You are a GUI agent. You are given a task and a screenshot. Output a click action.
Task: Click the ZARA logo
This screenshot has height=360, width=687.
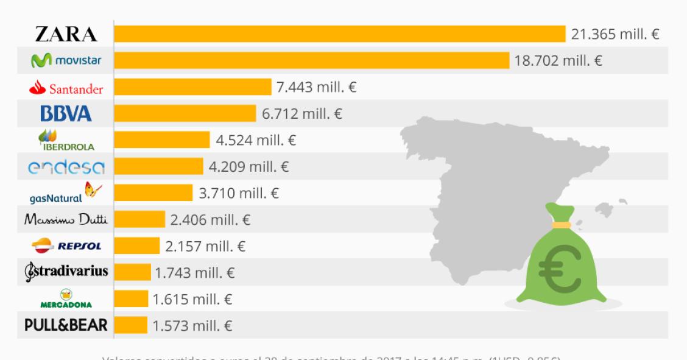[x=66, y=35]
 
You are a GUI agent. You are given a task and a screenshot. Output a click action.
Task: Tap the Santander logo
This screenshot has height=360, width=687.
[x=66, y=88]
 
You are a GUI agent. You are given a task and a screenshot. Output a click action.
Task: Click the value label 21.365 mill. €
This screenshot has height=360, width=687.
[x=615, y=34]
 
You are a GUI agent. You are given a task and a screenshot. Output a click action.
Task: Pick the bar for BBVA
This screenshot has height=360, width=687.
[x=185, y=113]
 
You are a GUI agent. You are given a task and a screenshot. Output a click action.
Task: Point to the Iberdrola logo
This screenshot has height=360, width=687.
[x=66, y=139]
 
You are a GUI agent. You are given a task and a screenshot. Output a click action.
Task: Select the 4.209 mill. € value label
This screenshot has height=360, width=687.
[x=249, y=166]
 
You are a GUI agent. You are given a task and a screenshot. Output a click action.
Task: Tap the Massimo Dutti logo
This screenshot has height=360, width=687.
[x=66, y=219]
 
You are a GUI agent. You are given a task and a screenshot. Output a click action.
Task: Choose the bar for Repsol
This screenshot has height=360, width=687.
[x=137, y=246]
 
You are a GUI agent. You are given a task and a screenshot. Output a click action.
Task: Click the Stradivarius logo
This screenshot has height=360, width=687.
[x=66, y=271]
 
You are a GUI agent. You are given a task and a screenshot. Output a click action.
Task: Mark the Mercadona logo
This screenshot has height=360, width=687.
[x=66, y=298]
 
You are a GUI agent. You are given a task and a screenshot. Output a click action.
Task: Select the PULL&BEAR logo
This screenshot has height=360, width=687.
[x=66, y=325]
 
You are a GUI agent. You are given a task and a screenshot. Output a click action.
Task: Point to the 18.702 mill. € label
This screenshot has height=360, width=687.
[x=559, y=61]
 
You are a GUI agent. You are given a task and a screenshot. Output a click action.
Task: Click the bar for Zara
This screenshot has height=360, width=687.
[x=340, y=34]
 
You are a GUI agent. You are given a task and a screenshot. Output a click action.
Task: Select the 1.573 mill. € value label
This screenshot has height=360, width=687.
[x=193, y=326]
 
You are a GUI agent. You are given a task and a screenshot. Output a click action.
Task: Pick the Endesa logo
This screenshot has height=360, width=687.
[x=66, y=166]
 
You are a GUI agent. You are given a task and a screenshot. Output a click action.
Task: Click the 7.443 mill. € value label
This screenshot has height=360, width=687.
[x=317, y=88]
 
